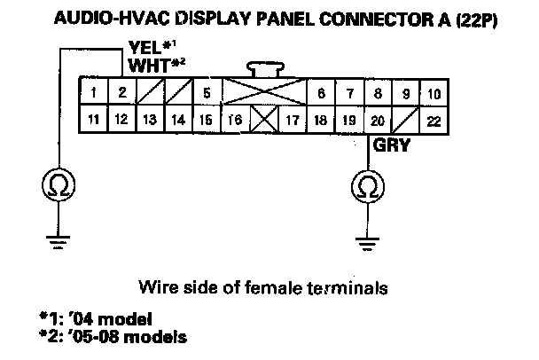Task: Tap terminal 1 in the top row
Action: (x=93, y=92)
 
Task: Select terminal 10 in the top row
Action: (x=433, y=92)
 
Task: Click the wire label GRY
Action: (x=391, y=145)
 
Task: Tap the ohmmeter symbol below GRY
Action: (x=367, y=186)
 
